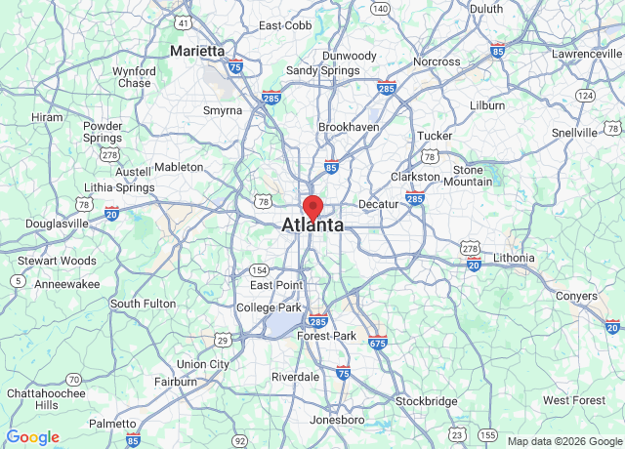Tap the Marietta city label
[x=197, y=51]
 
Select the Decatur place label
[x=378, y=204]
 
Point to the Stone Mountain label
[x=468, y=175]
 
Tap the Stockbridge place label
[x=427, y=401]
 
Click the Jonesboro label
[x=337, y=420]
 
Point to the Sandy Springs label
[x=315, y=70]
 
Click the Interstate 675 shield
[x=378, y=342]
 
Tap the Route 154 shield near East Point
[x=259, y=269]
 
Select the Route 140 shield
[x=380, y=9]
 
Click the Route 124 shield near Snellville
[x=585, y=95]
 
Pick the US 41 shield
[x=183, y=20]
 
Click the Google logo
[x=33, y=437]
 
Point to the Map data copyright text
[x=562, y=441]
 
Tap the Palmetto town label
[x=112, y=423]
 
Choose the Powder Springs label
[x=103, y=132]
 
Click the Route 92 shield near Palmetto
[x=240, y=441]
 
